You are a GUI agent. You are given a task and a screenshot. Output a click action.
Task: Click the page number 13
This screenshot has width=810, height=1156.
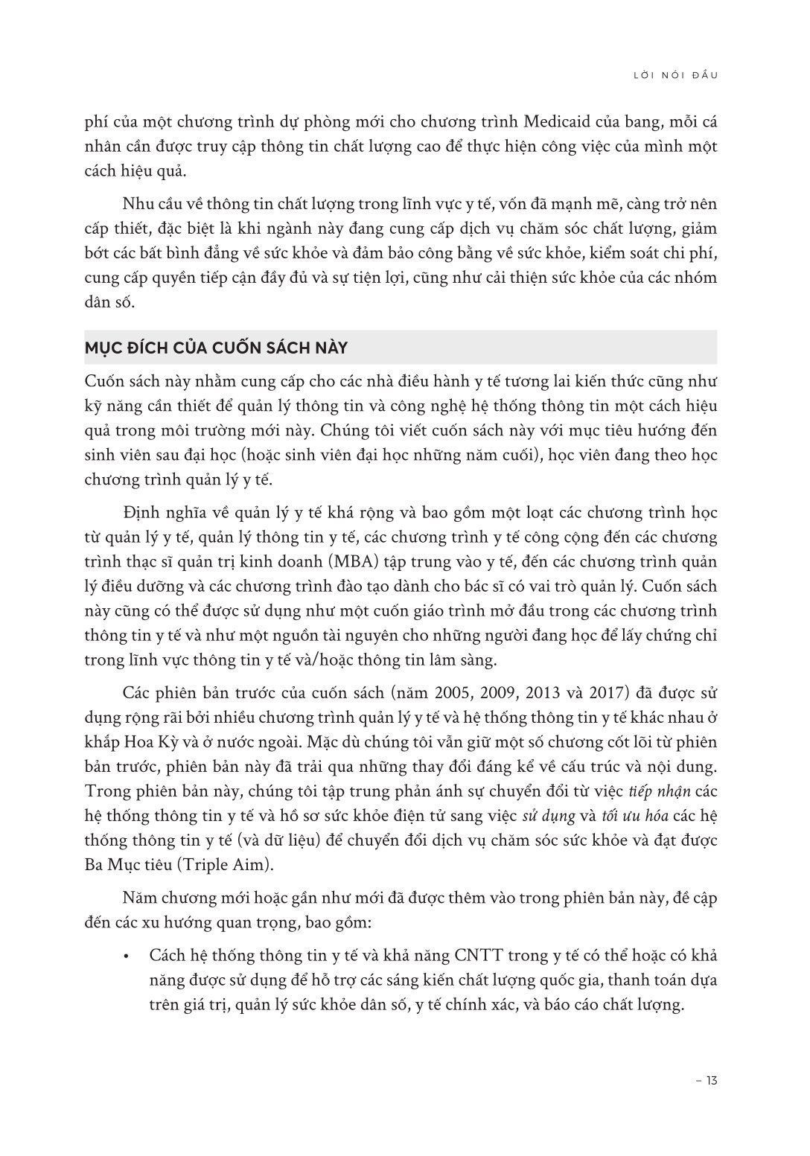click(705, 1080)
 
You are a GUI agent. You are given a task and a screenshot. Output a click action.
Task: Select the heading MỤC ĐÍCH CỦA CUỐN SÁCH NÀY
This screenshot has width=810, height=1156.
click(217, 348)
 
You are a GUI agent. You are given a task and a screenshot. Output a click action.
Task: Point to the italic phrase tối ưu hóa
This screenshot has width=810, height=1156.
click(629, 815)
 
